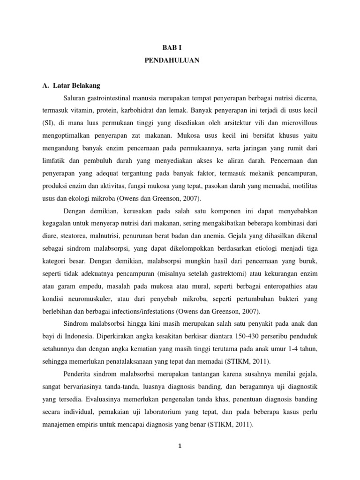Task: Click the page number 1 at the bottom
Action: point(180,446)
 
